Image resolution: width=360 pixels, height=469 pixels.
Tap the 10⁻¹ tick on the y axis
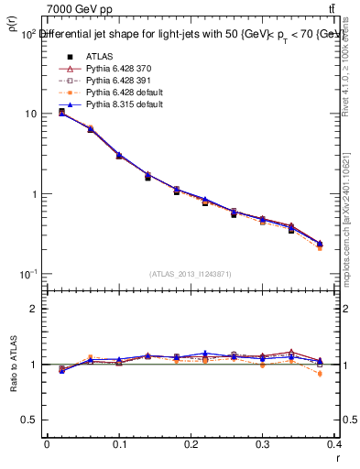[27, 274]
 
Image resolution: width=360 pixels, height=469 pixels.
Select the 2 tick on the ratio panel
[32, 309]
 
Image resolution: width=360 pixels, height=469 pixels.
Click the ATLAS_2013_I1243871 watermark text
[191, 275]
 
